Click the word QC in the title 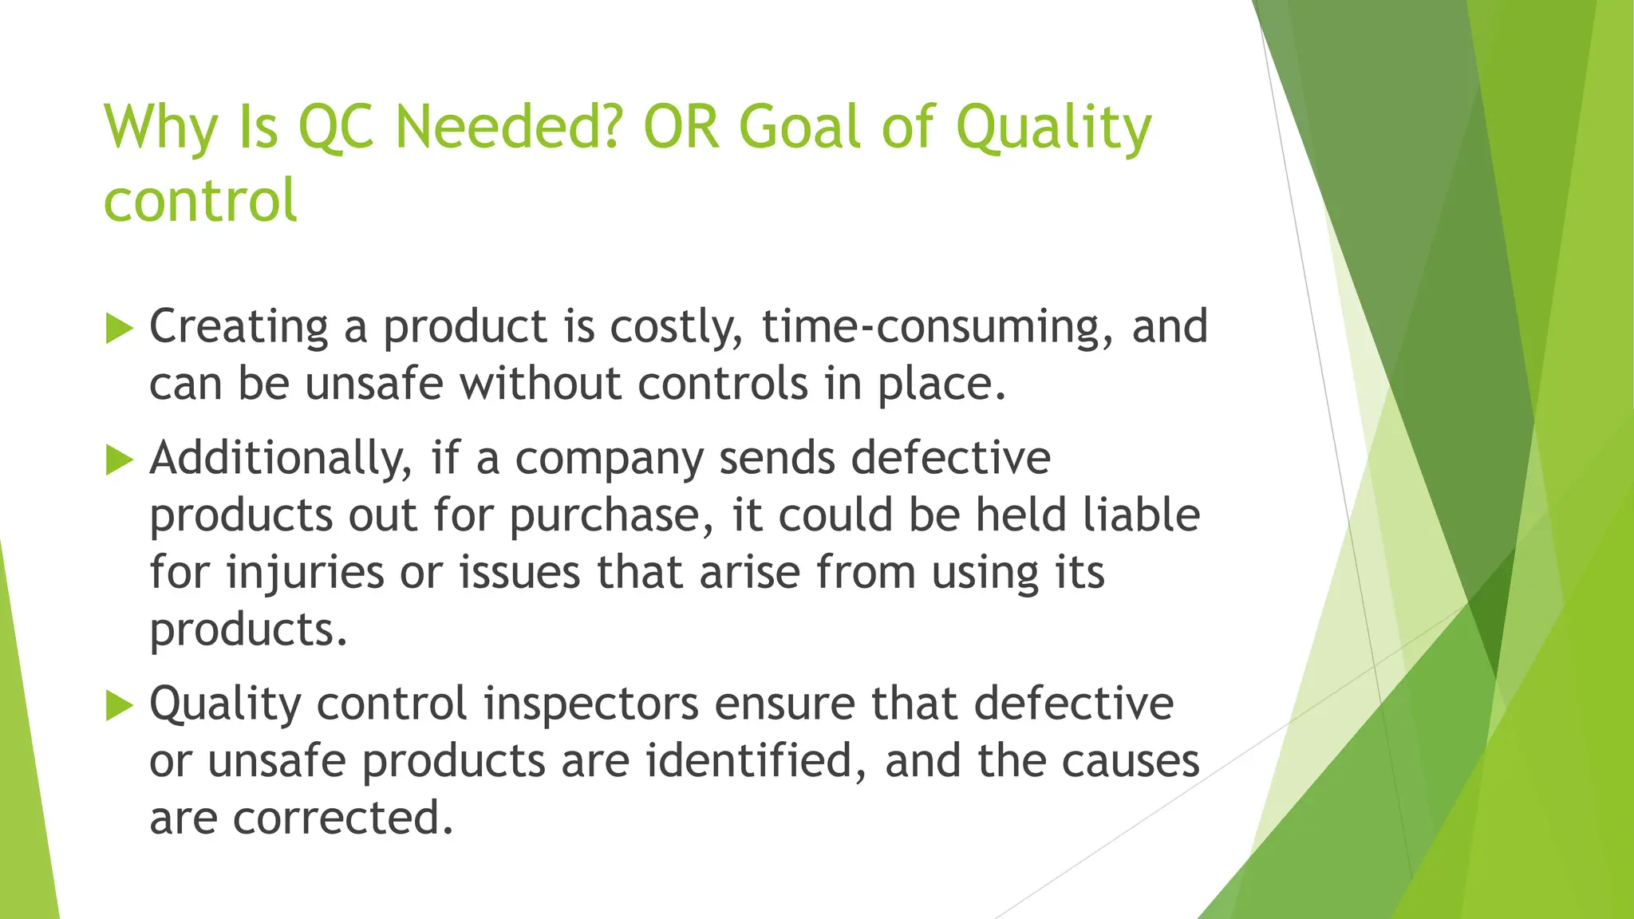pyautogui.click(x=335, y=128)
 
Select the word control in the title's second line pyautogui.click(x=200, y=200)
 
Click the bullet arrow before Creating pyautogui.click(x=119, y=328)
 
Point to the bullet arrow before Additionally pyautogui.click(x=119, y=459)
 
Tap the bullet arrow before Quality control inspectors pyautogui.click(x=119, y=705)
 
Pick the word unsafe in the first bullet pyautogui.click(x=373, y=384)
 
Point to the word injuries pyautogui.click(x=306, y=573)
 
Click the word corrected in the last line pyautogui.click(x=343, y=818)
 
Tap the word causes pyautogui.click(x=1131, y=761)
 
